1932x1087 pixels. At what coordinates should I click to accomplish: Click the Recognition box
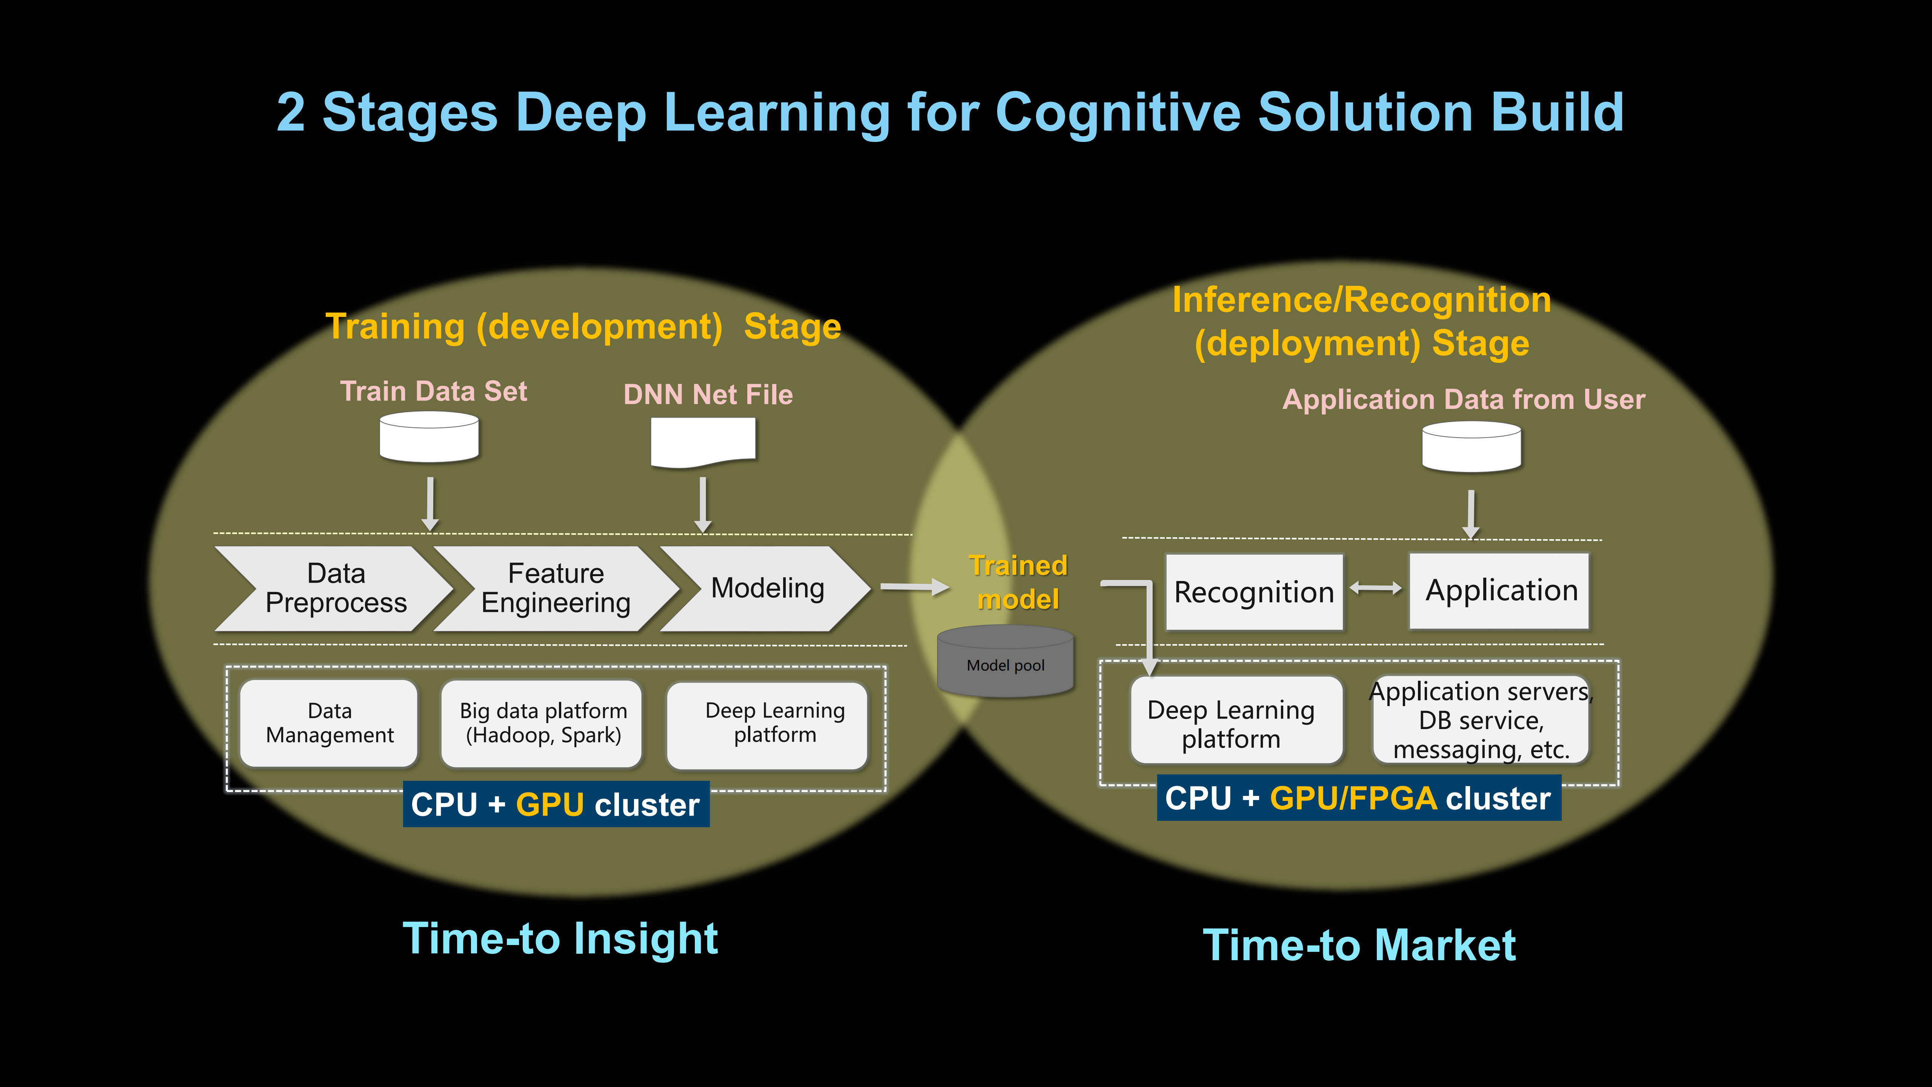1254,592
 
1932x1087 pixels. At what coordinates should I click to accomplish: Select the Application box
1501,591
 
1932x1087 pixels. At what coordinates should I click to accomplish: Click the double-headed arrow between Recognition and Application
1376,589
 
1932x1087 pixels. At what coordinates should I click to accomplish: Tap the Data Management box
329,723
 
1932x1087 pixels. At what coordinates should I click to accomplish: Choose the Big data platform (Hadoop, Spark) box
543,723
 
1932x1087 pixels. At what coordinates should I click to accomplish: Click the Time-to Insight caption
560,939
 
